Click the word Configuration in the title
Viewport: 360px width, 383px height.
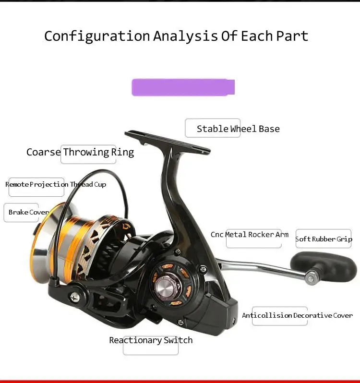(97, 36)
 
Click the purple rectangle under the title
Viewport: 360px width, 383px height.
(183, 87)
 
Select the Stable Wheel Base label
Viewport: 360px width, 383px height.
(238, 129)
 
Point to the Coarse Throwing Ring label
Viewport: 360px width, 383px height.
(80, 153)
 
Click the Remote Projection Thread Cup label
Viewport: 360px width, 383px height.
(56, 184)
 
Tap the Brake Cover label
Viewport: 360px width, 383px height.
(28, 212)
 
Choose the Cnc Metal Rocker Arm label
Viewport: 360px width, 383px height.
(250, 235)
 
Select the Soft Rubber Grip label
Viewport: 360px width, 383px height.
(324, 239)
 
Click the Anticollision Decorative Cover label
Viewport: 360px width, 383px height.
(297, 315)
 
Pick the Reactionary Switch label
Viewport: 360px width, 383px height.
(151, 340)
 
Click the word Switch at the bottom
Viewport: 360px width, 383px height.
(178, 340)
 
